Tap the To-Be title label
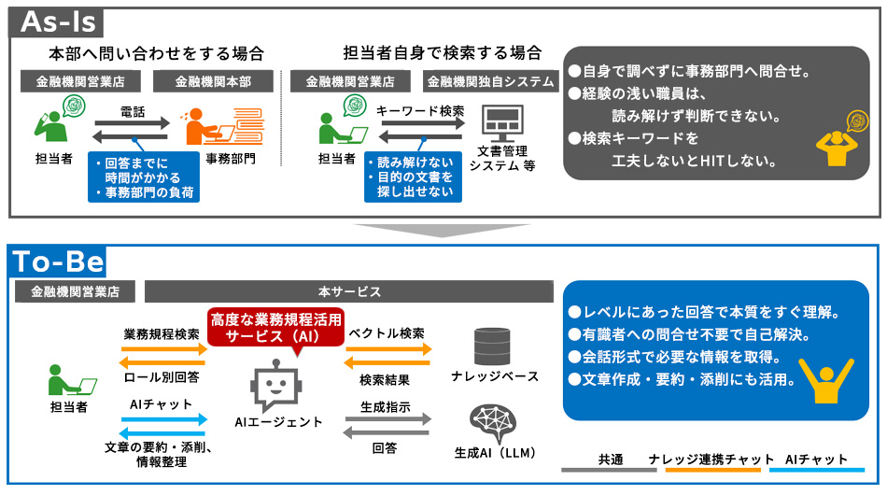[x=58, y=261]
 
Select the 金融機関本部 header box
[x=213, y=81]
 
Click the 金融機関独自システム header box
[x=490, y=81]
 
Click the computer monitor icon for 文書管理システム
[x=502, y=123]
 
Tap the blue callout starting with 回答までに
[x=144, y=177]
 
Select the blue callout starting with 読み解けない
[x=413, y=177]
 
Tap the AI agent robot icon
[x=276, y=386]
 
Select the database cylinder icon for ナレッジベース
[x=491, y=346]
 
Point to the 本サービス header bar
[x=349, y=291]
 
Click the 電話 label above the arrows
[x=133, y=112]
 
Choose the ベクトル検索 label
[x=387, y=333]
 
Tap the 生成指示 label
[x=386, y=407]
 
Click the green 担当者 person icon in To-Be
[x=71, y=379]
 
